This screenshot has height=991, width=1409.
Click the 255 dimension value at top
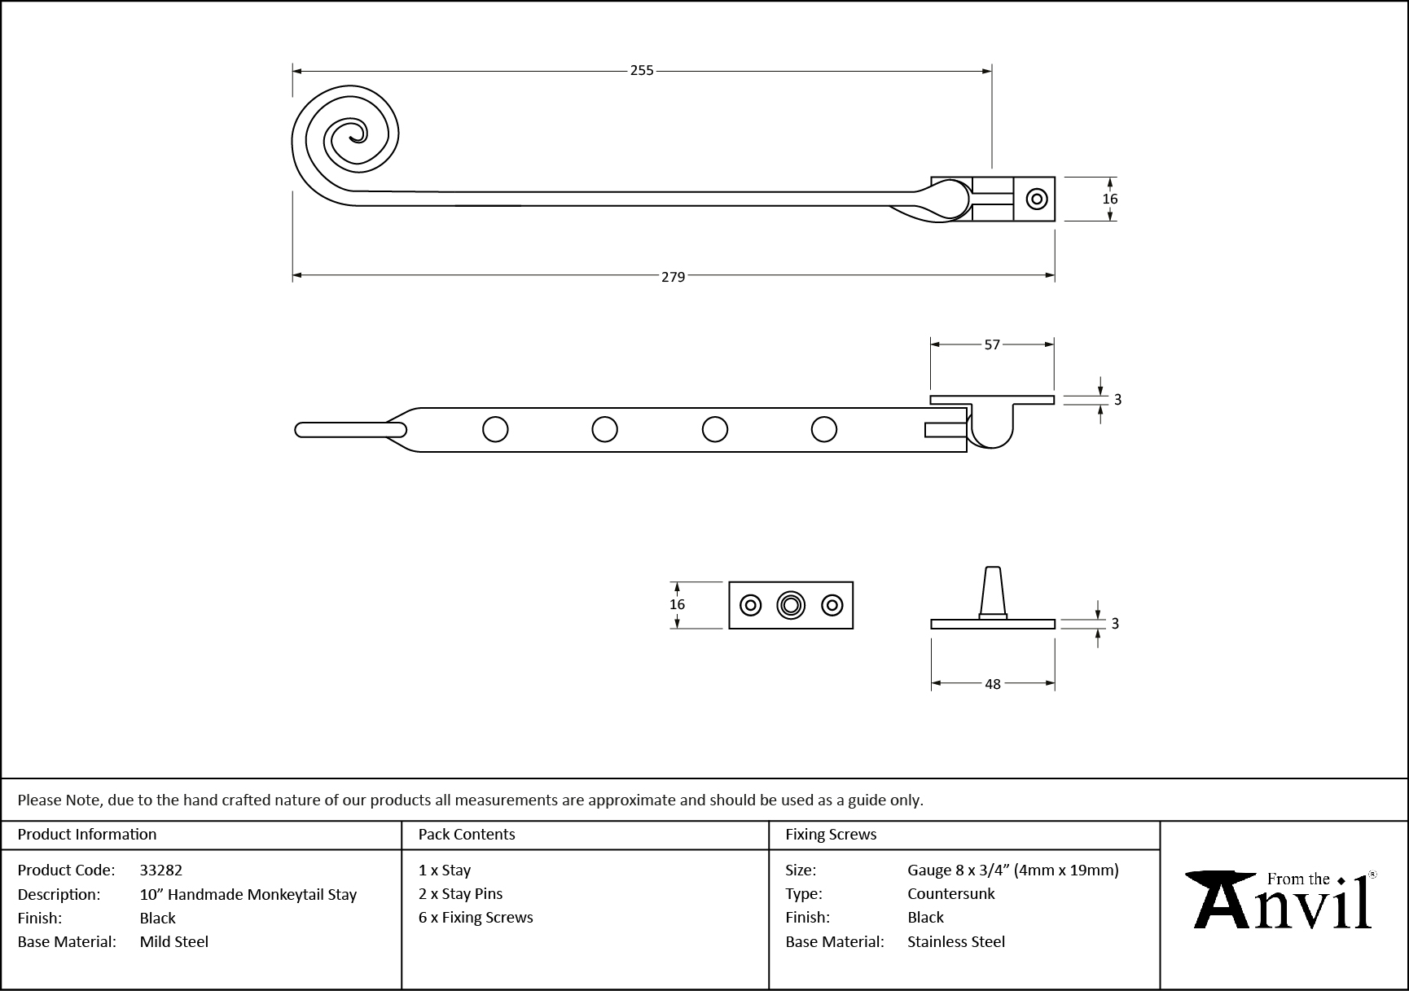642,71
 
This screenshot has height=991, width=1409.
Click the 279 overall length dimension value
673,277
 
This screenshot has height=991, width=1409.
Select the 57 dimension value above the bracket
991,344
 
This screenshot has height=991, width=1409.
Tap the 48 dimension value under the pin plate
992,684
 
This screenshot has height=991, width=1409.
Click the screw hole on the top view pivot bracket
1037,199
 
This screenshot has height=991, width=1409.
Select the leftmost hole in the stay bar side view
495,429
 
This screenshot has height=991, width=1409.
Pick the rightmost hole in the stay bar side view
824,429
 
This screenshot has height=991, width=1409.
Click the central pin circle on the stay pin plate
790,605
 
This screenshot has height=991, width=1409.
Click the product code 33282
161,870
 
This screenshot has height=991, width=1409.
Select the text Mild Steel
174,942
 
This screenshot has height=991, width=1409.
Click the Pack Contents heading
467,835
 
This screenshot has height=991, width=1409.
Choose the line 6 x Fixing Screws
476,918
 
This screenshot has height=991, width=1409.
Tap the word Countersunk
951,894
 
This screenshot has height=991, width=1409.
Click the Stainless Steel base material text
956,942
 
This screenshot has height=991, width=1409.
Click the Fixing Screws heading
831,835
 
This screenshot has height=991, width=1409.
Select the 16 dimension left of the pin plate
677,604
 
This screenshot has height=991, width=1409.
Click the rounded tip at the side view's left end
303,429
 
